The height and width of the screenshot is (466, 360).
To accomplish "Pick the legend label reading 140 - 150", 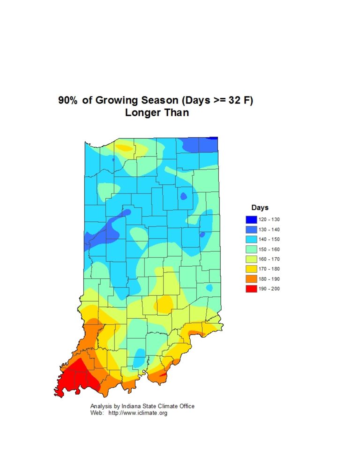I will point(269,240).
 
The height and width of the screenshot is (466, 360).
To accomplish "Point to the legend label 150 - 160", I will point(269,249).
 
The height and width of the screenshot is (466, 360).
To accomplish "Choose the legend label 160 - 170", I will point(269,259).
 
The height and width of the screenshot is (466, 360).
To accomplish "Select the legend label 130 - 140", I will point(269,230).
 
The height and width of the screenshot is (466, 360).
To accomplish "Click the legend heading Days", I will point(260,208).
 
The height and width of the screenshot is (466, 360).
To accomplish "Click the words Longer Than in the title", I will point(157,113).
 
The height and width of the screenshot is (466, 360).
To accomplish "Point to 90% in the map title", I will point(68,101).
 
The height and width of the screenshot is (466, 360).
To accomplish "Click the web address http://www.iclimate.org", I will point(138,413).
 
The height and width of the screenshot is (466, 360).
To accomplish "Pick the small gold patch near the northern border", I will point(124,148).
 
